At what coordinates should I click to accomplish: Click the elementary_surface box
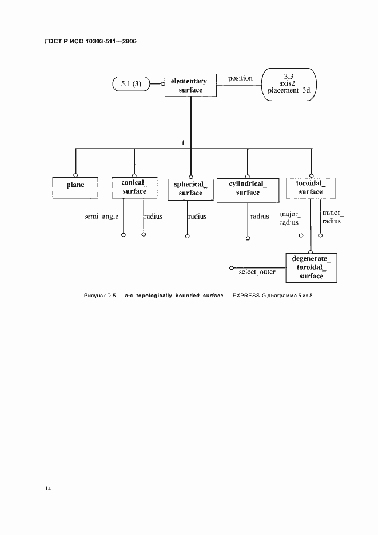click(x=190, y=85)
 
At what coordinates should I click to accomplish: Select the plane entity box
click(x=75, y=187)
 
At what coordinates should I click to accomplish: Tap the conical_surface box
click(x=134, y=187)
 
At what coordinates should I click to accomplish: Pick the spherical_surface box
click(x=190, y=189)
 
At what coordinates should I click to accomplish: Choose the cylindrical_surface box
click(x=248, y=190)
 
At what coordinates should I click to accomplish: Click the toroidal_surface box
click(x=311, y=189)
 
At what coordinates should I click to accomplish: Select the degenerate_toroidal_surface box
click(x=311, y=268)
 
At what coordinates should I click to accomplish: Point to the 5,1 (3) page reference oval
click(x=131, y=84)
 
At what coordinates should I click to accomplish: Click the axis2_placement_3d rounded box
click(x=289, y=84)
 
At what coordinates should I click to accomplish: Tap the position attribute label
click(x=240, y=78)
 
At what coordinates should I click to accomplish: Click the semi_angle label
click(x=101, y=217)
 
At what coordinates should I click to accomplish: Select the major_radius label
click(x=289, y=218)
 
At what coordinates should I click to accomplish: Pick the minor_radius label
click(x=333, y=217)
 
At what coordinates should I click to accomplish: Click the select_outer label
click(x=257, y=272)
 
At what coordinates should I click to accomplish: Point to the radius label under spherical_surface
click(x=198, y=216)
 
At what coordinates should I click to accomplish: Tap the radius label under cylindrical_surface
click(x=260, y=216)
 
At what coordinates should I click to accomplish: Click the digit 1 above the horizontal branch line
click(x=184, y=143)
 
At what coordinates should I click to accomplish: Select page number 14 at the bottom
click(x=48, y=489)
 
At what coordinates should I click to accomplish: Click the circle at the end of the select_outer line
click(x=232, y=268)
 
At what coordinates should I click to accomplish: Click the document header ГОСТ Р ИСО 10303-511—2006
click(x=90, y=41)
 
